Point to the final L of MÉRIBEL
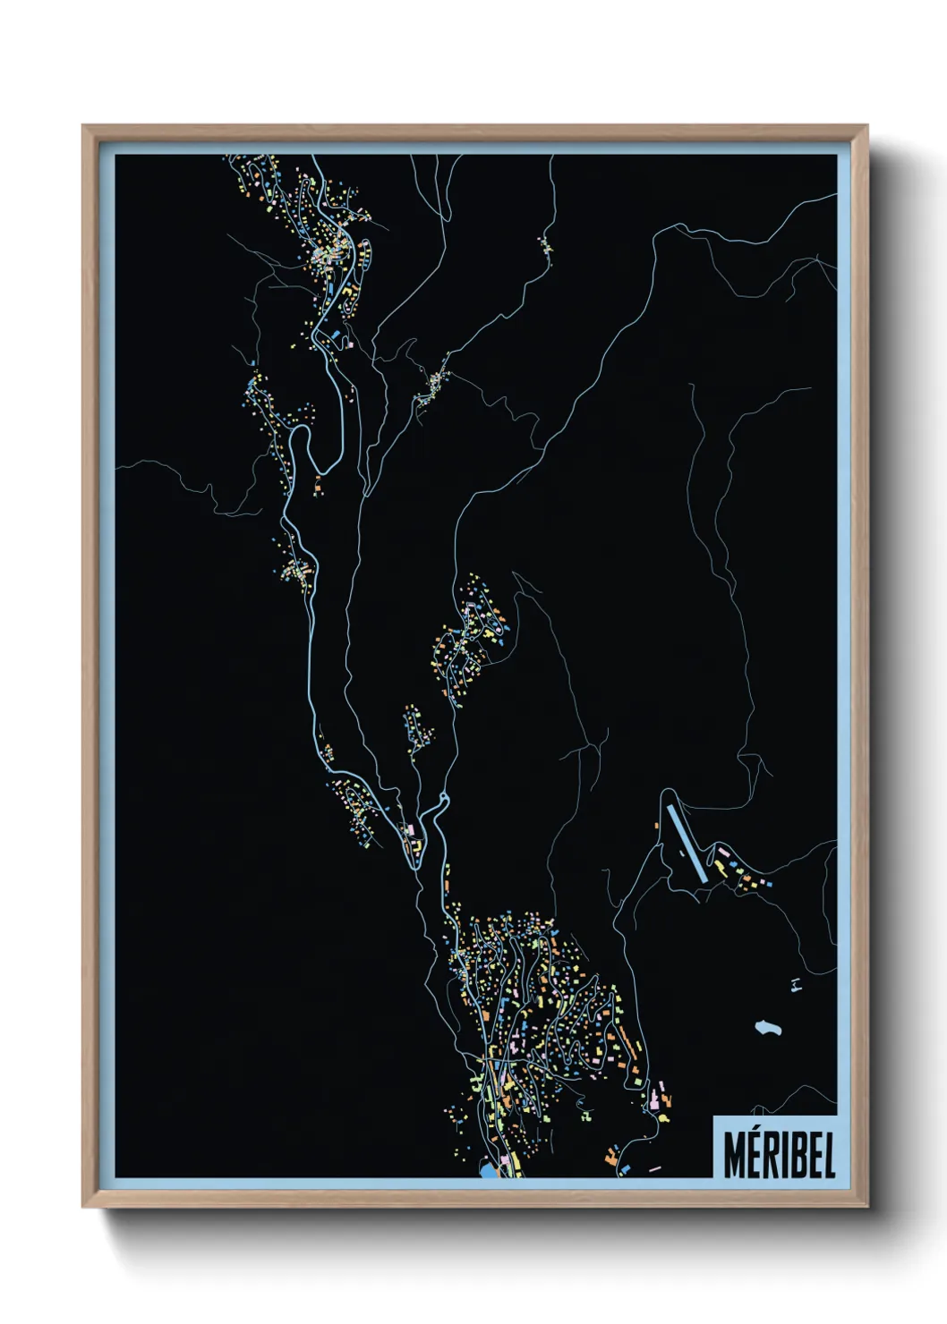[828, 1155]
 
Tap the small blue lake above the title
[766, 1028]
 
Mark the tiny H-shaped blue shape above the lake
[795, 985]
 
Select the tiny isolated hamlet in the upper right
[545, 244]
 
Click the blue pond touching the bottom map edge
[488, 1169]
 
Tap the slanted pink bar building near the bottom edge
[654, 1167]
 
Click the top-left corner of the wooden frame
[84, 127]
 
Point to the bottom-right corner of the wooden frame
[866, 1206]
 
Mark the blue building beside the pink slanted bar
[625, 1169]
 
